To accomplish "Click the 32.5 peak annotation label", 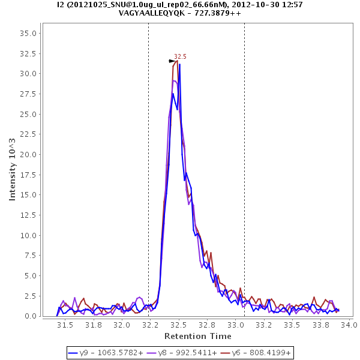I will (x=180, y=56).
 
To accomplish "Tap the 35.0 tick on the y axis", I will (x=29, y=33).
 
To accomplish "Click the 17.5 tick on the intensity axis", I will (x=29, y=175).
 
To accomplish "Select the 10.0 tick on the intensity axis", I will (x=29, y=235).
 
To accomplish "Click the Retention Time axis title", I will (x=197, y=335).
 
